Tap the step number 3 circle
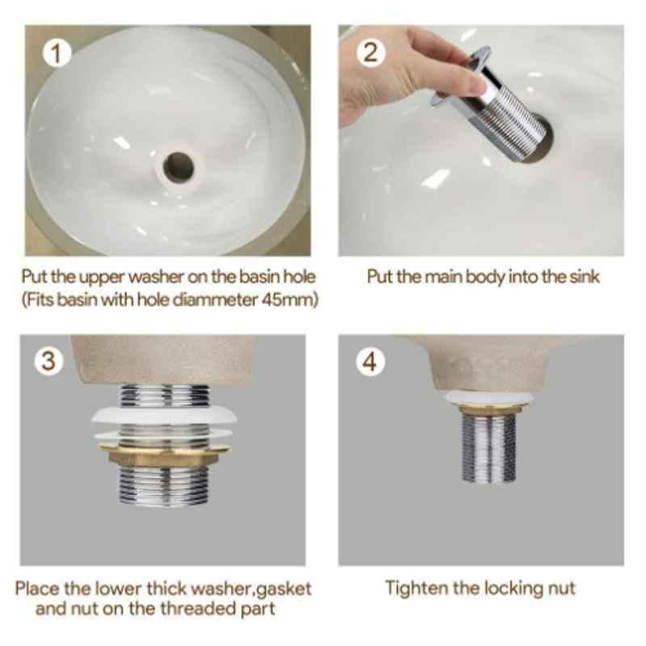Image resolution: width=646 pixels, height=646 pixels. [49, 361]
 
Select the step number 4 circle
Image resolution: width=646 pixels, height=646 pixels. [370, 361]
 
